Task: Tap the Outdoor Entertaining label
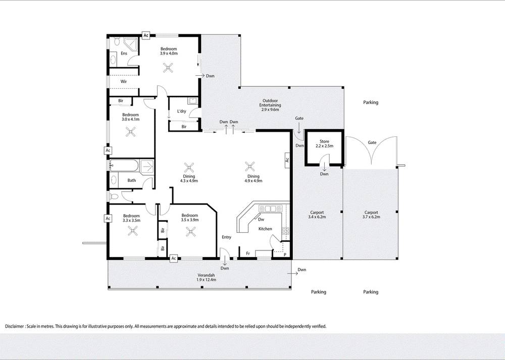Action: click(270, 105)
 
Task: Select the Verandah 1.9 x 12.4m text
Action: click(206, 277)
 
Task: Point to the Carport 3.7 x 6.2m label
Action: click(371, 215)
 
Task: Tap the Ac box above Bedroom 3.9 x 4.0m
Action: click(146, 35)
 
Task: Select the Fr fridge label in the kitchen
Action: click(248, 253)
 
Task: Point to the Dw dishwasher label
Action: click(261, 220)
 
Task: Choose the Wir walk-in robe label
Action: click(123, 81)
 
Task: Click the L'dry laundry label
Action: click(182, 111)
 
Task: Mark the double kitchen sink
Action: click(270, 209)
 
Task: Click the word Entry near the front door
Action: click(226, 237)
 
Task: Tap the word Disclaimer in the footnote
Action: click(17, 326)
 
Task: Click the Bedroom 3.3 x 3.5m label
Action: click(131, 218)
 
